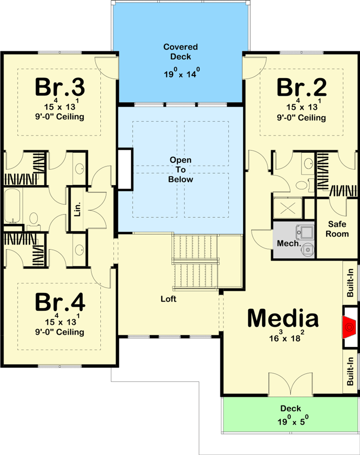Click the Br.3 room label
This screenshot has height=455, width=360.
click(x=60, y=87)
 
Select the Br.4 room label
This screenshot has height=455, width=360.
click(x=60, y=302)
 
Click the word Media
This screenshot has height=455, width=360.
click(x=283, y=318)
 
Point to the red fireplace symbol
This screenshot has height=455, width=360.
click(x=349, y=327)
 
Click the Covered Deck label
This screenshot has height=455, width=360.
click(x=181, y=51)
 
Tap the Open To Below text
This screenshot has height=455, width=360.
click(x=181, y=169)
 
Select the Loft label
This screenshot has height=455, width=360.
click(x=168, y=299)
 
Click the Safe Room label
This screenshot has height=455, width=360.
click(x=337, y=229)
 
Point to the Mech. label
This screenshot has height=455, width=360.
click(x=289, y=243)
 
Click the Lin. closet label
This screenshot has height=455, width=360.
click(x=78, y=209)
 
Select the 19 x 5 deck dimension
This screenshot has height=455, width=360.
click(x=293, y=420)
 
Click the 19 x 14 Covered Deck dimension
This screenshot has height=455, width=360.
click(x=182, y=73)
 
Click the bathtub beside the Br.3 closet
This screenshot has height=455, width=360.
click(x=12, y=206)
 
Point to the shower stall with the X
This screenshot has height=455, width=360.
click(x=288, y=208)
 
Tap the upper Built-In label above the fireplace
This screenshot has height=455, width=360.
click(x=350, y=282)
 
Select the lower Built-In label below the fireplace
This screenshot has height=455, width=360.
click(x=350, y=371)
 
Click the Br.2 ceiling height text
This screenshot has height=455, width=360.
click(x=302, y=118)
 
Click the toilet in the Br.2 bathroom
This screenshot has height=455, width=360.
click(x=303, y=185)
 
